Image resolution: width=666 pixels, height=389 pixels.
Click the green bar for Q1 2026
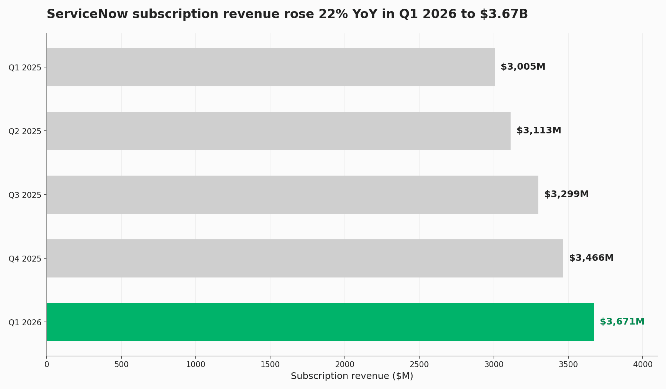(x=320, y=322)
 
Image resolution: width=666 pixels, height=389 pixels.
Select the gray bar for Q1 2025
(x=270, y=67)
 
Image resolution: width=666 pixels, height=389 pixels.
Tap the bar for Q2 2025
(x=279, y=131)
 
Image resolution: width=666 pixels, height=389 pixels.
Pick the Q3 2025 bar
(x=292, y=194)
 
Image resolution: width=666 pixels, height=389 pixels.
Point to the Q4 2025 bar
(x=305, y=258)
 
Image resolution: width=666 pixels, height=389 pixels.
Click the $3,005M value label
(x=523, y=67)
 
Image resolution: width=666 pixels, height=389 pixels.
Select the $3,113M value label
(x=539, y=131)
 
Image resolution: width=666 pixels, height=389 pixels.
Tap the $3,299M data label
(x=566, y=194)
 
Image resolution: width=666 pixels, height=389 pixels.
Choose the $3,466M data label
(x=591, y=258)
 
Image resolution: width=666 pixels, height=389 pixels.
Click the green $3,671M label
(x=622, y=322)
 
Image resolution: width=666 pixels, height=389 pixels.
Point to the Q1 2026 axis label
(x=25, y=323)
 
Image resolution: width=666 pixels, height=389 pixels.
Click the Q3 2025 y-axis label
(x=25, y=195)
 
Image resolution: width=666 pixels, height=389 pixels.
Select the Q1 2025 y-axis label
(x=25, y=68)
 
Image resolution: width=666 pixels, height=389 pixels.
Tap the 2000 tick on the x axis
(x=345, y=365)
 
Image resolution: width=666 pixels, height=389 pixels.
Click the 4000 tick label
(x=643, y=365)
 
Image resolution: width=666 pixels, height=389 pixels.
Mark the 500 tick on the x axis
(x=121, y=365)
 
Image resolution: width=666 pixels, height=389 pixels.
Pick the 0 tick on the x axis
(x=47, y=365)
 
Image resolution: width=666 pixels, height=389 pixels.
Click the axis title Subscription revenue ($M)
(x=352, y=376)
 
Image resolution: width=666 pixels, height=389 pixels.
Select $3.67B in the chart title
(x=504, y=14)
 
